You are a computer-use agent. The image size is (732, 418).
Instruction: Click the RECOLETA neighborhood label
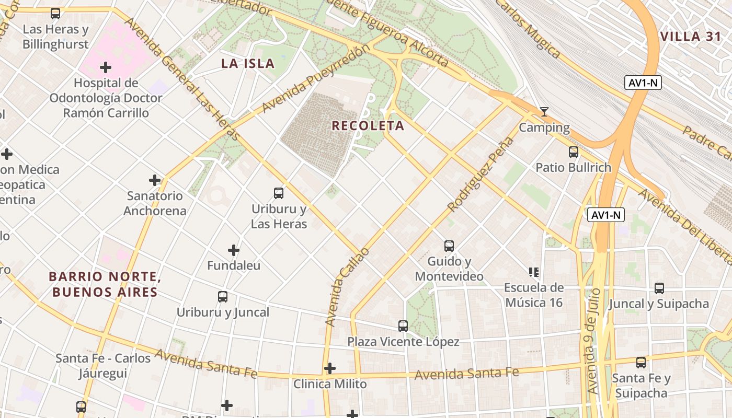click(368, 126)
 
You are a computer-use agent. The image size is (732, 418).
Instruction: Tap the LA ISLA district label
click(247, 64)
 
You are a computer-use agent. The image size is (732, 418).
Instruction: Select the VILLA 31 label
click(690, 37)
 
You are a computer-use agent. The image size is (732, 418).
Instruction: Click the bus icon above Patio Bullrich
click(574, 152)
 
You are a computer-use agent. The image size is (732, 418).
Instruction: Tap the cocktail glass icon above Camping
click(544, 112)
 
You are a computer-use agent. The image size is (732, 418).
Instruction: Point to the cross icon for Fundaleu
click(234, 250)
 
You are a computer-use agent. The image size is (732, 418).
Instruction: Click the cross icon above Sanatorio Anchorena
click(155, 180)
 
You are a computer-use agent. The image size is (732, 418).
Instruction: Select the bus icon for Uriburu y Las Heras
click(279, 193)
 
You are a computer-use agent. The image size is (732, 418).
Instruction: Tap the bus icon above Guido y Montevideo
click(449, 246)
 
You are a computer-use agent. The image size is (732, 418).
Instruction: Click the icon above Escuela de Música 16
click(534, 272)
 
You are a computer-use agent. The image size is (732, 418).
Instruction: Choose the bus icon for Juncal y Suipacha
click(659, 288)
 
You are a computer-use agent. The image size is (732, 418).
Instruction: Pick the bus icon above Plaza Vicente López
click(403, 326)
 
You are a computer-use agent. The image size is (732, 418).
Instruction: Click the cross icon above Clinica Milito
click(329, 368)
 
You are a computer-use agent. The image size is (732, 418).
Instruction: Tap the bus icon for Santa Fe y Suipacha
click(641, 362)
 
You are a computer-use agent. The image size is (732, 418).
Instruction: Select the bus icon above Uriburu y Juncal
click(223, 297)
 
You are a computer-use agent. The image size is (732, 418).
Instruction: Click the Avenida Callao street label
click(347, 287)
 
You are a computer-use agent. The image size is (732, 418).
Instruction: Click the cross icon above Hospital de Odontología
click(106, 67)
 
